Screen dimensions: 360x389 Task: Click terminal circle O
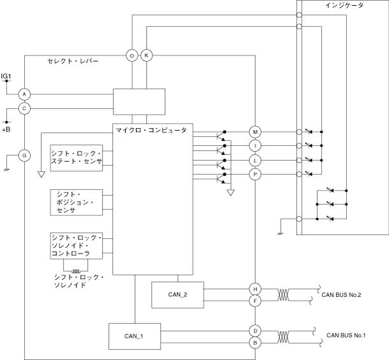(x=132, y=56)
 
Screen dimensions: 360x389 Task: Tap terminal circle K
(x=147, y=56)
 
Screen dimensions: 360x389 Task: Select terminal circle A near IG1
(x=24, y=94)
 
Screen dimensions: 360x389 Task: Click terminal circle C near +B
(x=24, y=108)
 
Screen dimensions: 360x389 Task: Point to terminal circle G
(x=24, y=155)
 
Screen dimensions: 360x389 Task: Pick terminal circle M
(x=255, y=132)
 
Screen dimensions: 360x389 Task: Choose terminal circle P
(x=255, y=174)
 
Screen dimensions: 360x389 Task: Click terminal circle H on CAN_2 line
(x=255, y=288)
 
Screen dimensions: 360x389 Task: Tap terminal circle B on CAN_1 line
(x=255, y=343)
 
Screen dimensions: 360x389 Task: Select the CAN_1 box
(x=134, y=336)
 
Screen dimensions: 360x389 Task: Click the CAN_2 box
(x=178, y=294)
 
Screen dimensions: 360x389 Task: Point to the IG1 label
(x=6, y=76)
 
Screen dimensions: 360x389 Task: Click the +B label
(x=6, y=129)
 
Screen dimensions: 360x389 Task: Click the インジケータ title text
(x=344, y=6)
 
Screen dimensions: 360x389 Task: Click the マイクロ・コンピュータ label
(x=151, y=131)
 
